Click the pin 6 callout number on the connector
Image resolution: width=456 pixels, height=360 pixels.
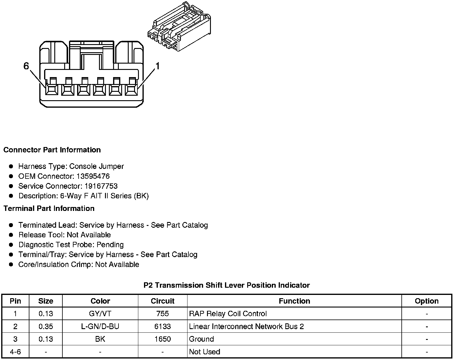click(x=26, y=66)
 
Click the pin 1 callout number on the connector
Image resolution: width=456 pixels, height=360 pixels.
click(x=157, y=66)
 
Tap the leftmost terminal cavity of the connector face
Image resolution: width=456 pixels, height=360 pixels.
click(x=52, y=89)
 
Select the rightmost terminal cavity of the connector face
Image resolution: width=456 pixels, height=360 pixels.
click(x=131, y=89)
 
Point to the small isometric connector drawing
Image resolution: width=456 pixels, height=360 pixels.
click(x=178, y=27)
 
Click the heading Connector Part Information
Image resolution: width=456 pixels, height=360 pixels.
click(x=52, y=150)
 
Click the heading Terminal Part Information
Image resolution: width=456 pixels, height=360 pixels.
click(x=49, y=208)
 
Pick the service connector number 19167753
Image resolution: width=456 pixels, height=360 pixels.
click(x=101, y=186)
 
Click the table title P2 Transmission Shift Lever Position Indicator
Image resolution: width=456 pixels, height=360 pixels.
click(x=226, y=285)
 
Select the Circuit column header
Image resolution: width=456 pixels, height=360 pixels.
click(x=163, y=301)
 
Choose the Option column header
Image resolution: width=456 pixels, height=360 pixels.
click(x=427, y=301)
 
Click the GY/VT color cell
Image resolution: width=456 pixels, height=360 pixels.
click(x=100, y=314)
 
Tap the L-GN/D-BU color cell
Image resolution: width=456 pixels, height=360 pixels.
click(x=100, y=326)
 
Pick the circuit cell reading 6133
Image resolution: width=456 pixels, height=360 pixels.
click(x=163, y=326)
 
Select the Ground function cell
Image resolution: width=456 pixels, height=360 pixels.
click(x=202, y=339)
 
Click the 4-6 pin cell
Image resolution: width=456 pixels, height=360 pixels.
click(x=15, y=352)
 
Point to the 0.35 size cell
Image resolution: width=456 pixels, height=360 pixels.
click(x=46, y=326)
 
